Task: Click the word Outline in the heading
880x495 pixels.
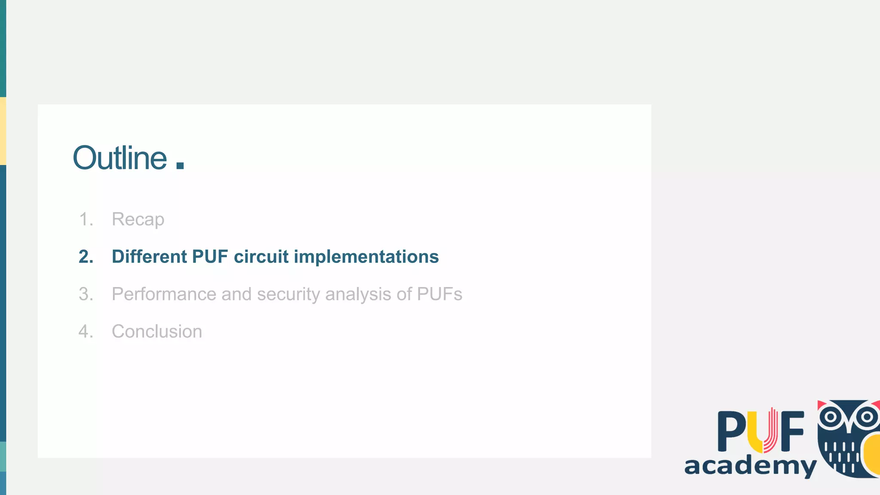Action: tap(119, 158)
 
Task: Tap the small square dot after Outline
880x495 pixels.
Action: tap(180, 165)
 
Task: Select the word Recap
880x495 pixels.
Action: tap(138, 220)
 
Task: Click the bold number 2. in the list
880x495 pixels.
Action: tap(86, 257)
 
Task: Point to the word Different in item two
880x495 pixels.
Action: tap(149, 257)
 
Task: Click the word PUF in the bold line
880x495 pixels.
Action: tap(210, 257)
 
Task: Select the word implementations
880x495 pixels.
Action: tap(366, 257)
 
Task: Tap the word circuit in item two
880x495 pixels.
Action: tap(261, 257)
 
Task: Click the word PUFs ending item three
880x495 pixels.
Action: tap(439, 294)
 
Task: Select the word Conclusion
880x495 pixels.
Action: tap(157, 332)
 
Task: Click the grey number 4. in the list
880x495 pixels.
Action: tap(86, 332)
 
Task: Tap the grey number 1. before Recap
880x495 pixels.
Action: tap(86, 220)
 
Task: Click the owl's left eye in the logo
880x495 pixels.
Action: tap(831, 417)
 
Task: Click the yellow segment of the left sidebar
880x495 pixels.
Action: tap(3, 131)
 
